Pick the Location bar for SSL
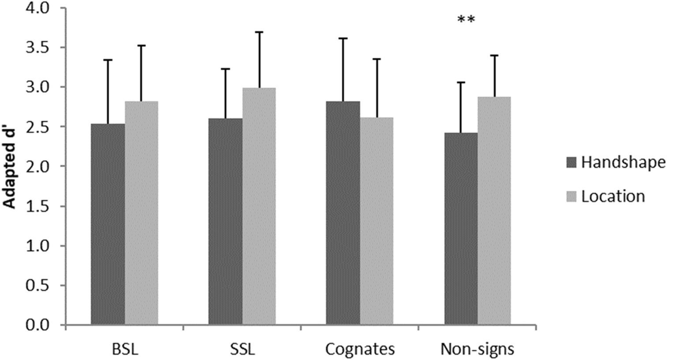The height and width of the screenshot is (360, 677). click(x=259, y=206)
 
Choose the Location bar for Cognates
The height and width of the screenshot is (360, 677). click(x=376, y=221)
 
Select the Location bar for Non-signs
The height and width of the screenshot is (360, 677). click(x=494, y=210)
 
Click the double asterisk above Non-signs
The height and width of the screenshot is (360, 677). click(x=466, y=20)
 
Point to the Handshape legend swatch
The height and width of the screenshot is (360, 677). click(x=571, y=163)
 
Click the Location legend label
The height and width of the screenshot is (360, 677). click(x=613, y=196)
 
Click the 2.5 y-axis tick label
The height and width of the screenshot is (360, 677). click(x=37, y=127)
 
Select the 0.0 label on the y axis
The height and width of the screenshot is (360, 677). click(x=37, y=325)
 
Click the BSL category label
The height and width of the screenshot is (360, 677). click(x=125, y=349)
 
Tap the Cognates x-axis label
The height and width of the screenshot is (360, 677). click(x=360, y=349)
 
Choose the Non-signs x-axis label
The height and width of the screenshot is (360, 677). click(x=477, y=349)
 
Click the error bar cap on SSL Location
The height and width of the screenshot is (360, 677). click(x=259, y=32)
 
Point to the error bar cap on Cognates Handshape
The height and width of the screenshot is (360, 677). click(x=343, y=39)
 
